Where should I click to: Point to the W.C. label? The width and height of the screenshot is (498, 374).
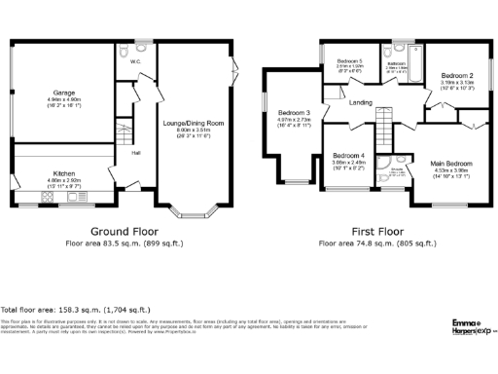point(136,61)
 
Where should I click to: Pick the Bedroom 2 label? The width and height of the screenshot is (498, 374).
point(456,75)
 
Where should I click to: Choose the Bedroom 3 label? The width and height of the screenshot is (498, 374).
point(294,113)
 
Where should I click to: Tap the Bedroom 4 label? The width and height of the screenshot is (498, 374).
point(347,156)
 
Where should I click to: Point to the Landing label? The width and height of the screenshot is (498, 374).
point(361,102)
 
